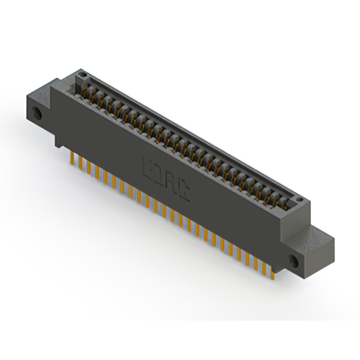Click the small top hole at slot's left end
click(82, 74)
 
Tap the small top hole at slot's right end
click(299, 200)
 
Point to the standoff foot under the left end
click(60, 143)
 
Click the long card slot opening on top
click(186, 141)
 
